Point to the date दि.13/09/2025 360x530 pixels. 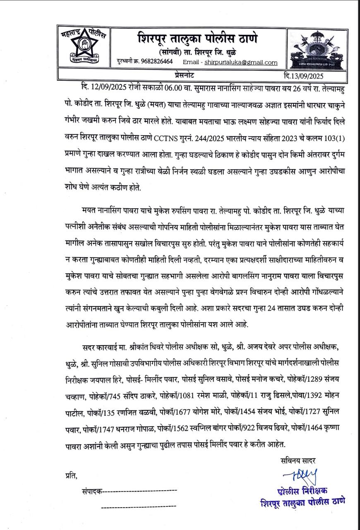[304, 76]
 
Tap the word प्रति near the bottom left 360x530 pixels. [71, 475]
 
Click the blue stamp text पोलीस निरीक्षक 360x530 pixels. [302, 491]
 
